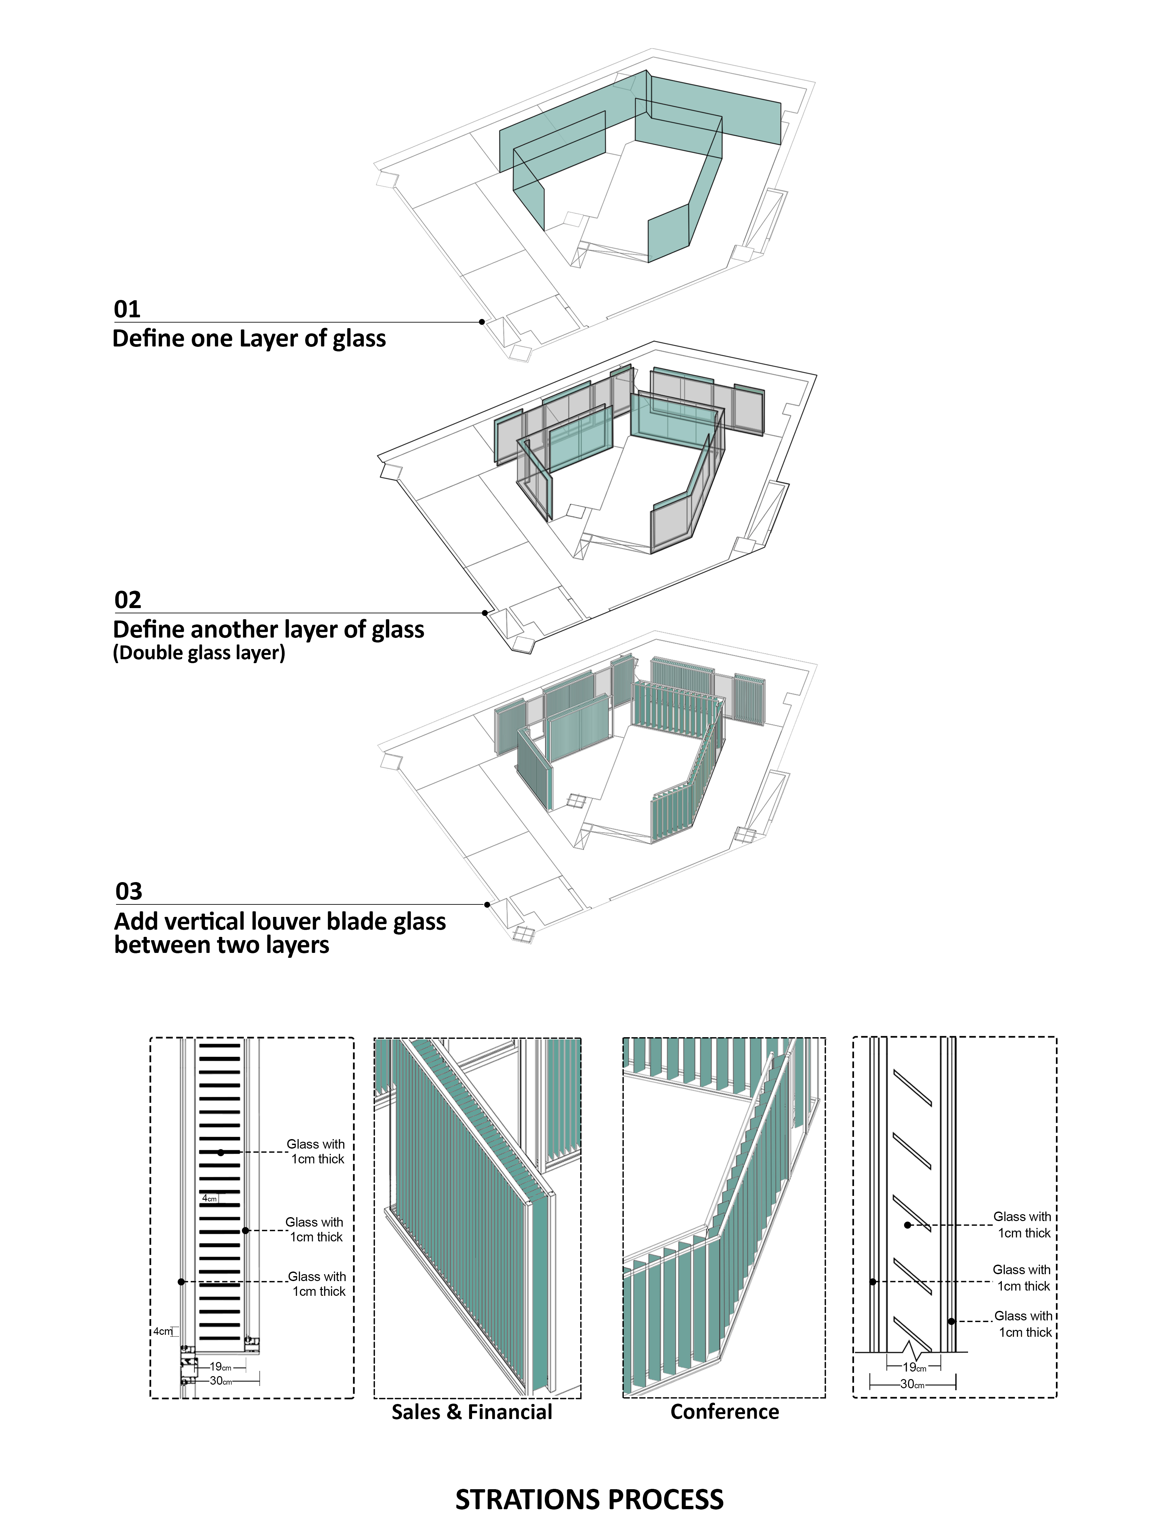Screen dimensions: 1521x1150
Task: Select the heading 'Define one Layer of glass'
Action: point(249,339)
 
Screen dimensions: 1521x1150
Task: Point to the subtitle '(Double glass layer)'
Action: point(199,653)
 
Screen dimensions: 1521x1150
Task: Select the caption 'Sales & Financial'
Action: point(472,1412)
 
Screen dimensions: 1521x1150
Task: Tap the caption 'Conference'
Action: point(724,1412)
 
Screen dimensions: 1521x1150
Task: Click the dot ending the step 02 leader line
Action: point(485,613)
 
